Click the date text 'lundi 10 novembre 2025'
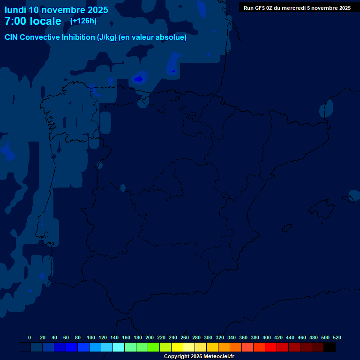tap(56, 10)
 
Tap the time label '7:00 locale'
tap(33, 21)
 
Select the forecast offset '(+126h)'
tap(83, 21)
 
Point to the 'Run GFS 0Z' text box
tap(297, 8)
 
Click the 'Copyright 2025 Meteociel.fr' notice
tap(199, 357)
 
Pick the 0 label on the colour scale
tap(30, 337)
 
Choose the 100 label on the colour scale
tap(91, 337)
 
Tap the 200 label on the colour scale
tap(150, 337)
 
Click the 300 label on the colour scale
tap(208, 337)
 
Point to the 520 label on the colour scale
tap(337, 337)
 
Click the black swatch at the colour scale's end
tap(330, 347)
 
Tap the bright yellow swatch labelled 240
tap(177, 347)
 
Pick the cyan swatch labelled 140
tap(119, 347)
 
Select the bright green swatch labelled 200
tap(154, 347)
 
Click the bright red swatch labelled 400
tap(271, 347)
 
